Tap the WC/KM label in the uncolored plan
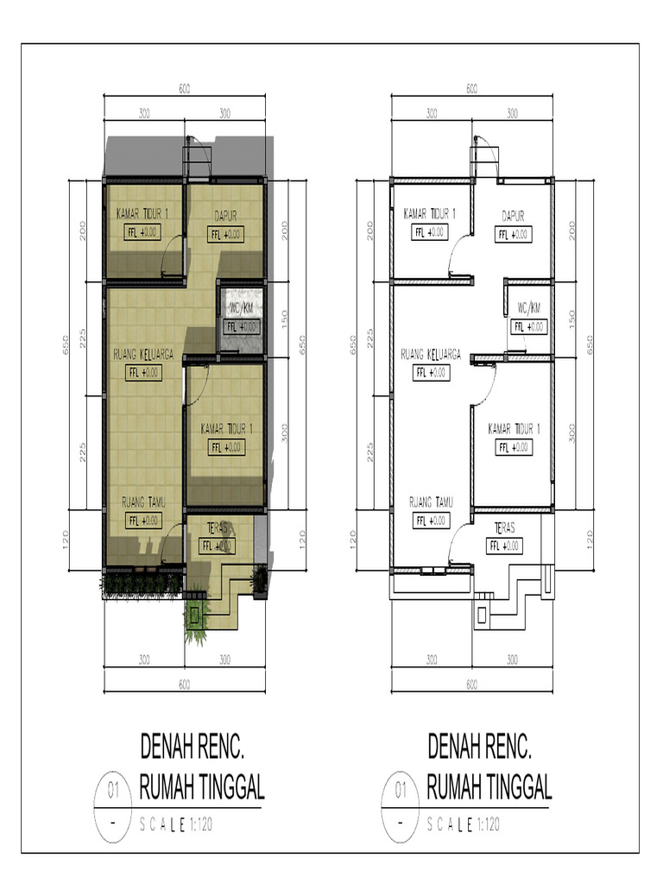[528, 308]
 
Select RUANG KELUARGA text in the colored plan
[144, 354]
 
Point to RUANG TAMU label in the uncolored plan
[432, 502]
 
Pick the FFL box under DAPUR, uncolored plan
[513, 234]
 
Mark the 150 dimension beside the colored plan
[284, 319]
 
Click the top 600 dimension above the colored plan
[184, 89]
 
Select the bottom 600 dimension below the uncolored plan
[471, 685]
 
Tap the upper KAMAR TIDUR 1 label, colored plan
[142, 214]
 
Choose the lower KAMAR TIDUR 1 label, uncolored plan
[514, 429]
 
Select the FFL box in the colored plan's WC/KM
[242, 326]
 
